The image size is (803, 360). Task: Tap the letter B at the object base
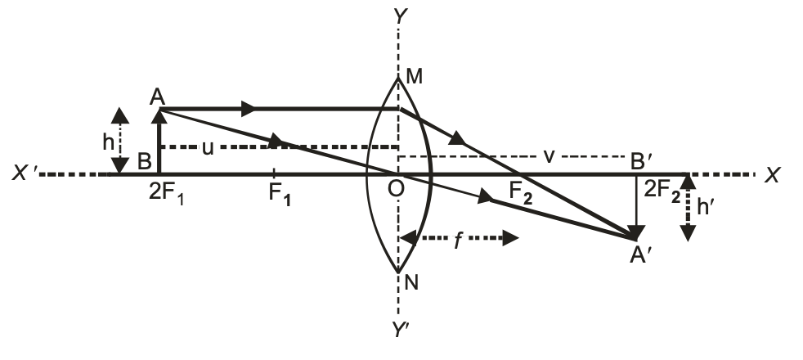point(143,160)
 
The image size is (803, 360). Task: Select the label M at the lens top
point(414,78)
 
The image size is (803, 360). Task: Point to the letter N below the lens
point(411,283)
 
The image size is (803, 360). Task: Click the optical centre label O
point(396,189)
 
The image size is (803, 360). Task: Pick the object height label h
point(109,142)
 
